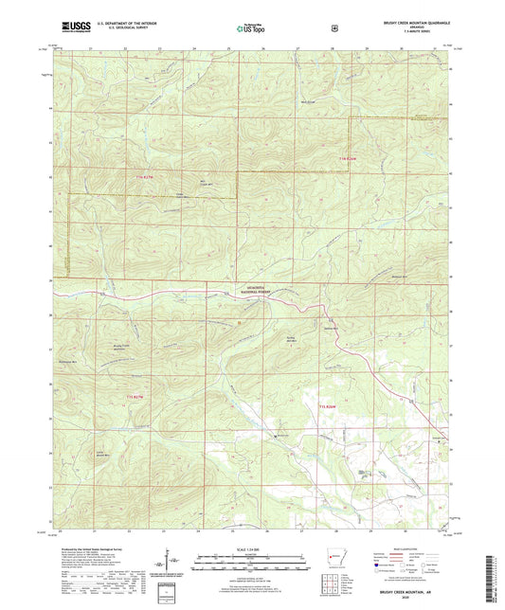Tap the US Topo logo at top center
(250, 29)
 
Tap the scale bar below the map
(251, 559)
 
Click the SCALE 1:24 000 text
(251, 548)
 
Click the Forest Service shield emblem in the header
(334, 28)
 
